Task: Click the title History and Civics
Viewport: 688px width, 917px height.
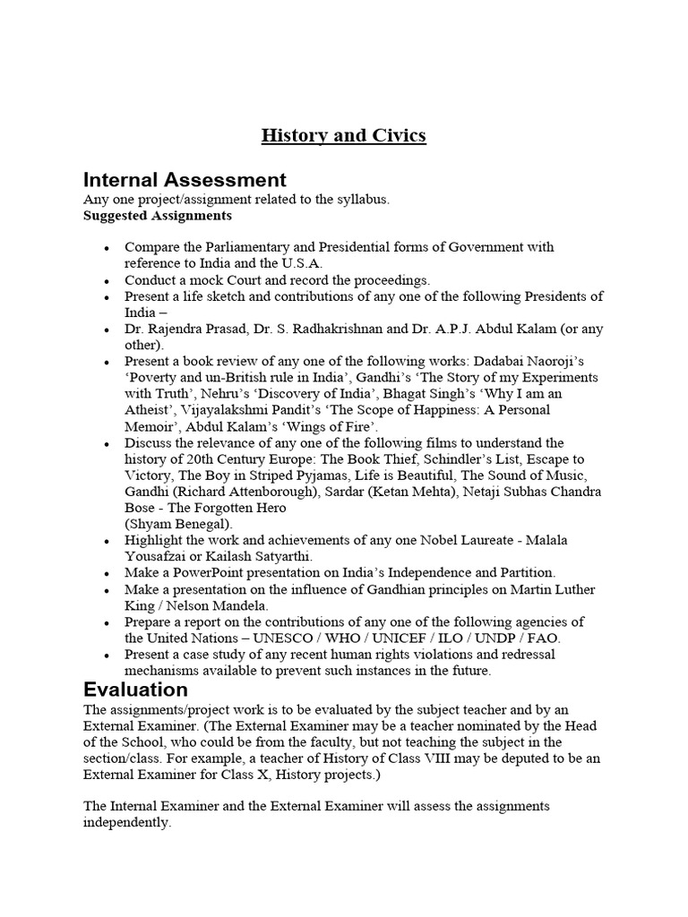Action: pyautogui.click(x=343, y=136)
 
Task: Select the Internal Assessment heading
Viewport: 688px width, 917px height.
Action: pyautogui.click(x=185, y=180)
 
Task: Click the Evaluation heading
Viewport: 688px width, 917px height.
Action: pyautogui.click(x=135, y=690)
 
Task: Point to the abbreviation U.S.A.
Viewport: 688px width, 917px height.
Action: pyautogui.click(x=282, y=262)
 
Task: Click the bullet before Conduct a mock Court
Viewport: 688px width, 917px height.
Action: pyautogui.click(x=107, y=279)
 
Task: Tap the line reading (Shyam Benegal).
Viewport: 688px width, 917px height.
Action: pyautogui.click(x=177, y=524)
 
